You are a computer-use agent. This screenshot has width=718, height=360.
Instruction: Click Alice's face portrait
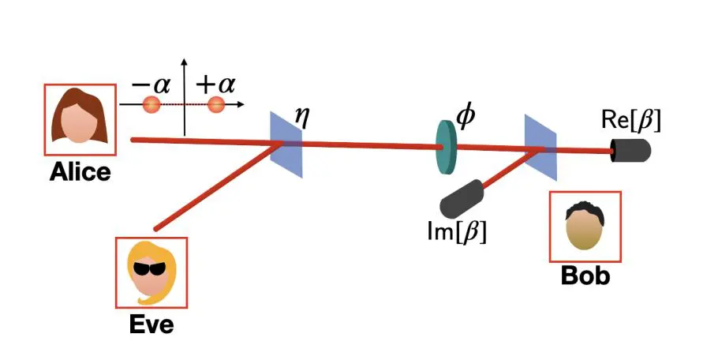point(80,119)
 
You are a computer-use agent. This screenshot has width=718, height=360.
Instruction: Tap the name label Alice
point(80,172)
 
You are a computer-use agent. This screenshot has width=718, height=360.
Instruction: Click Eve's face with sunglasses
point(151,271)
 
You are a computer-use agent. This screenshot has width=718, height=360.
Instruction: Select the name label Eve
point(151,324)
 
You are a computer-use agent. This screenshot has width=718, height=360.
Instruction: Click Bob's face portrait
point(585,227)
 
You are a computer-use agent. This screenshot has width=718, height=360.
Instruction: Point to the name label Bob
point(585,276)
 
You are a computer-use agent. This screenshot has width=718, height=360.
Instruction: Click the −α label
point(151,84)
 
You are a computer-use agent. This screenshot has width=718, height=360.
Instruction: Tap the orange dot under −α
point(151,104)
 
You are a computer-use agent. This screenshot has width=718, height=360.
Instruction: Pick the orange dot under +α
point(215,104)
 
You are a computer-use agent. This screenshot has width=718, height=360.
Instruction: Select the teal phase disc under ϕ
point(447,147)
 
